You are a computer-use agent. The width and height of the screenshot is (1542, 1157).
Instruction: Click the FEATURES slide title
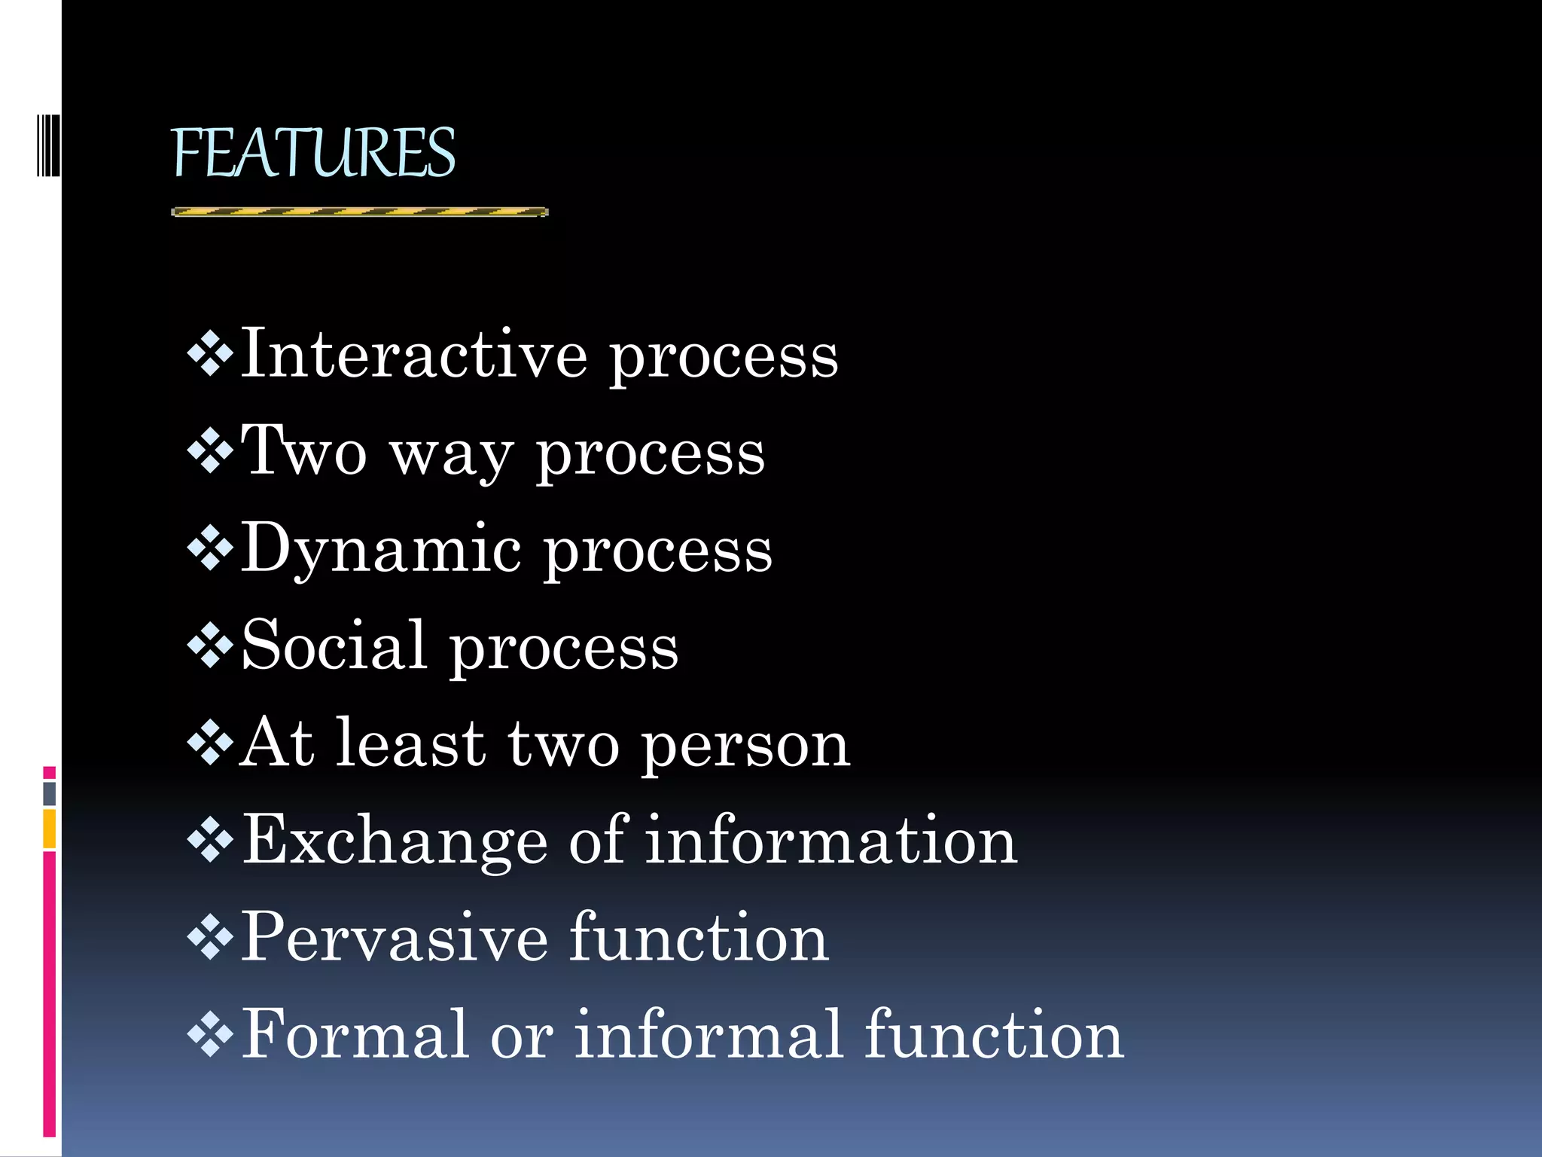[x=313, y=153]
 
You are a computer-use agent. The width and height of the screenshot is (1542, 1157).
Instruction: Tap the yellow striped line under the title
[x=360, y=212]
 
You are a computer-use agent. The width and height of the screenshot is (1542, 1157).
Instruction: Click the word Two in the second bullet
[x=303, y=450]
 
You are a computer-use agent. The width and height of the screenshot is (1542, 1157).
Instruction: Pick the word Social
[x=334, y=645]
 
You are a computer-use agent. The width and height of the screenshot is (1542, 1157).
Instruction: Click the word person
[x=745, y=744]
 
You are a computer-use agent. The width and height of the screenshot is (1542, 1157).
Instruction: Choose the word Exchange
[x=395, y=841]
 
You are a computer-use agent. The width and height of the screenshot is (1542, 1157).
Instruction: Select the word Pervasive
[x=394, y=936]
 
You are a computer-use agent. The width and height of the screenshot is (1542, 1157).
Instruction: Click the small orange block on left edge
[x=49, y=829]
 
